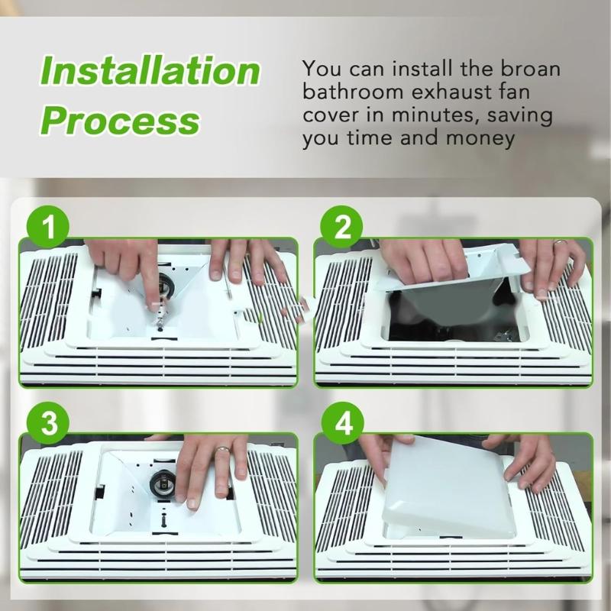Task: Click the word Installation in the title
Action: pos(150,71)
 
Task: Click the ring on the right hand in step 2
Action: pos(560,243)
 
